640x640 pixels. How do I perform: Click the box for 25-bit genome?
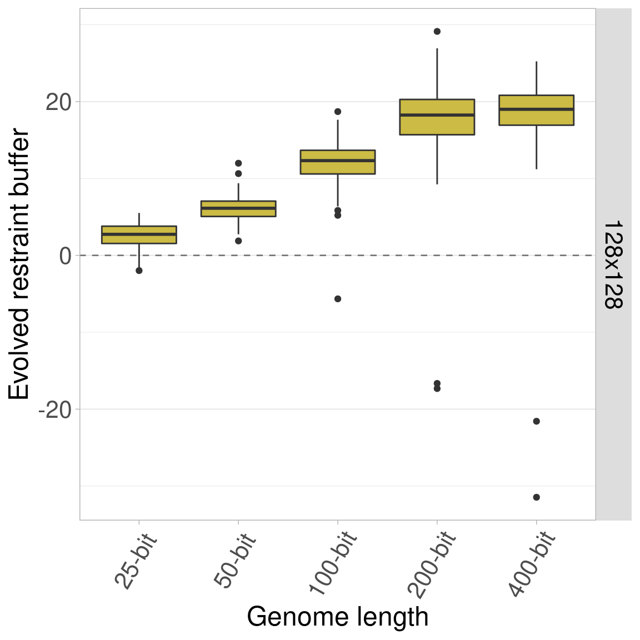139,235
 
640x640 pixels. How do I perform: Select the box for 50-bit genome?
238,208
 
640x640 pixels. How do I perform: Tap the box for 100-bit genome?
338,162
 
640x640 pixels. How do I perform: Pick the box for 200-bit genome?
437,117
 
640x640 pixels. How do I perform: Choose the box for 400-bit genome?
536,110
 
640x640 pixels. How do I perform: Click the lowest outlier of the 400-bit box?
536,497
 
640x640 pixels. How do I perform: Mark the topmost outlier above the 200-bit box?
437,31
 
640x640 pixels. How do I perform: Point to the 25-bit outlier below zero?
139,271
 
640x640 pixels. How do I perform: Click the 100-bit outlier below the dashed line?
338,299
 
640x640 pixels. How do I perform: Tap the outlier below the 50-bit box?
238,241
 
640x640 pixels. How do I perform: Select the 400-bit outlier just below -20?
536,421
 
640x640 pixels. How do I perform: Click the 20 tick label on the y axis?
58,102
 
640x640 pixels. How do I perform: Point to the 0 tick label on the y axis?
66,256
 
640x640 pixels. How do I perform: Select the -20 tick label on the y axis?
54,409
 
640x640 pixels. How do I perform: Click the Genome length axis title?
338,617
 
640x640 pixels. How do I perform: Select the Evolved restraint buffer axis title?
20,264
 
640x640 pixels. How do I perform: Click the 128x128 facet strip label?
613,264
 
